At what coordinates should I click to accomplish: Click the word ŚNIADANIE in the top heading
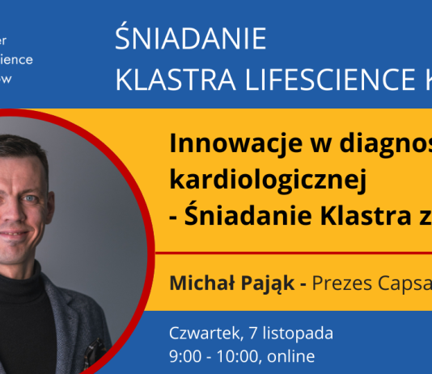tap(191, 39)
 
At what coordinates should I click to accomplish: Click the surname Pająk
tap(268, 284)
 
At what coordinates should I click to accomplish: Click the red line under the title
tap(299, 253)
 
